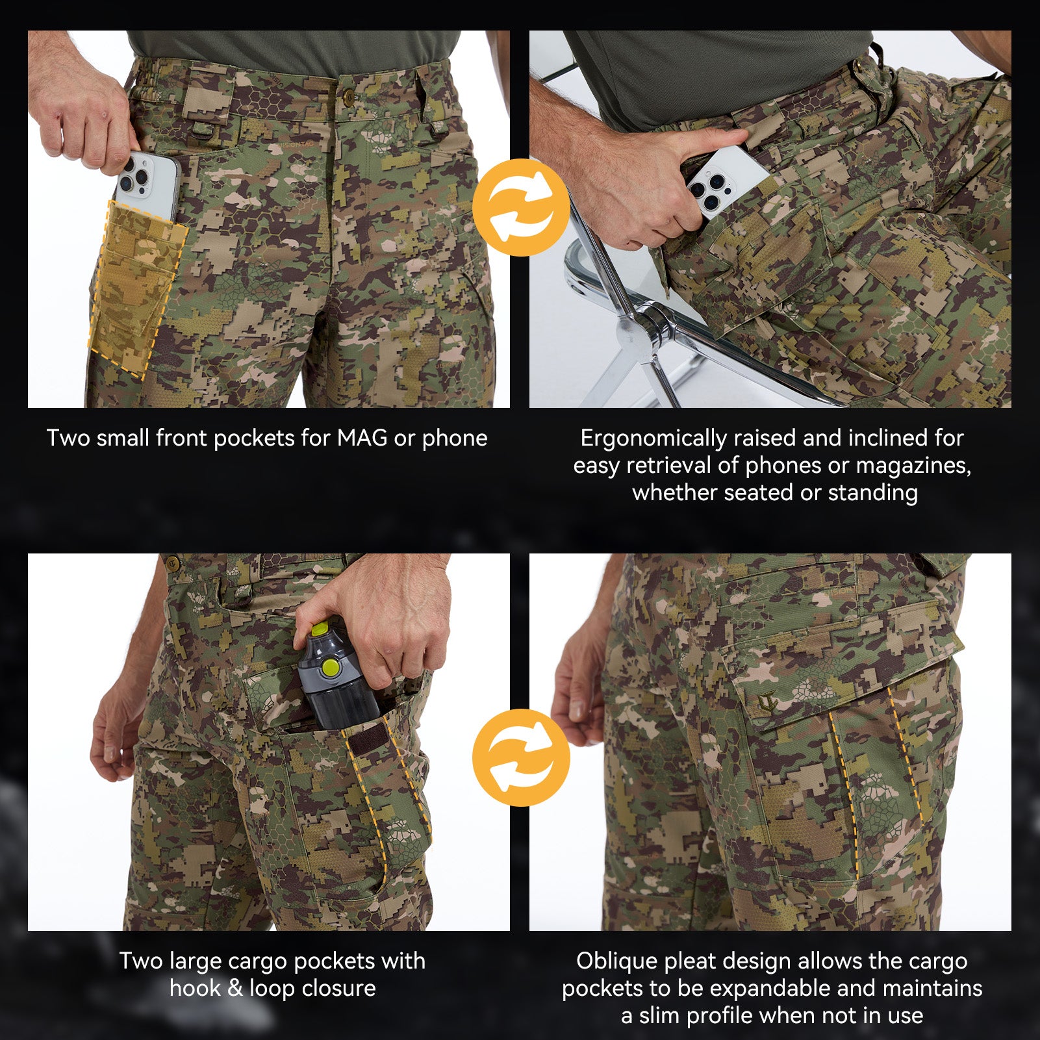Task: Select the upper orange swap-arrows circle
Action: pos(521,207)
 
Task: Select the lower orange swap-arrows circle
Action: pos(521,757)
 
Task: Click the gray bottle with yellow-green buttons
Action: pos(335,676)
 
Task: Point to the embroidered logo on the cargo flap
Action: pos(768,703)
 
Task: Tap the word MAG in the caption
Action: pos(362,438)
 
